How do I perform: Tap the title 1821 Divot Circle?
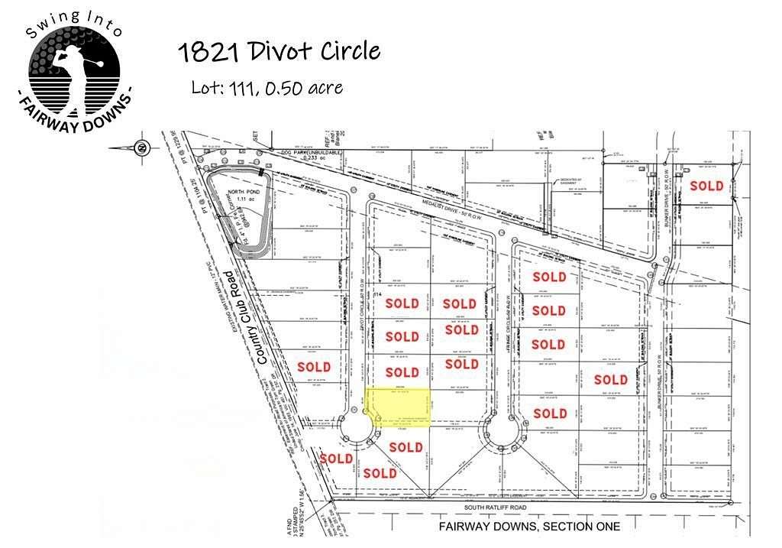click(279, 52)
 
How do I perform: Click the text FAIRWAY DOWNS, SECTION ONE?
click(529, 527)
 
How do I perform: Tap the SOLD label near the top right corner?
click(706, 186)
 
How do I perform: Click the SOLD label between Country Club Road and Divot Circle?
click(314, 367)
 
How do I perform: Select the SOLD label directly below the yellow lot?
click(406, 447)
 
